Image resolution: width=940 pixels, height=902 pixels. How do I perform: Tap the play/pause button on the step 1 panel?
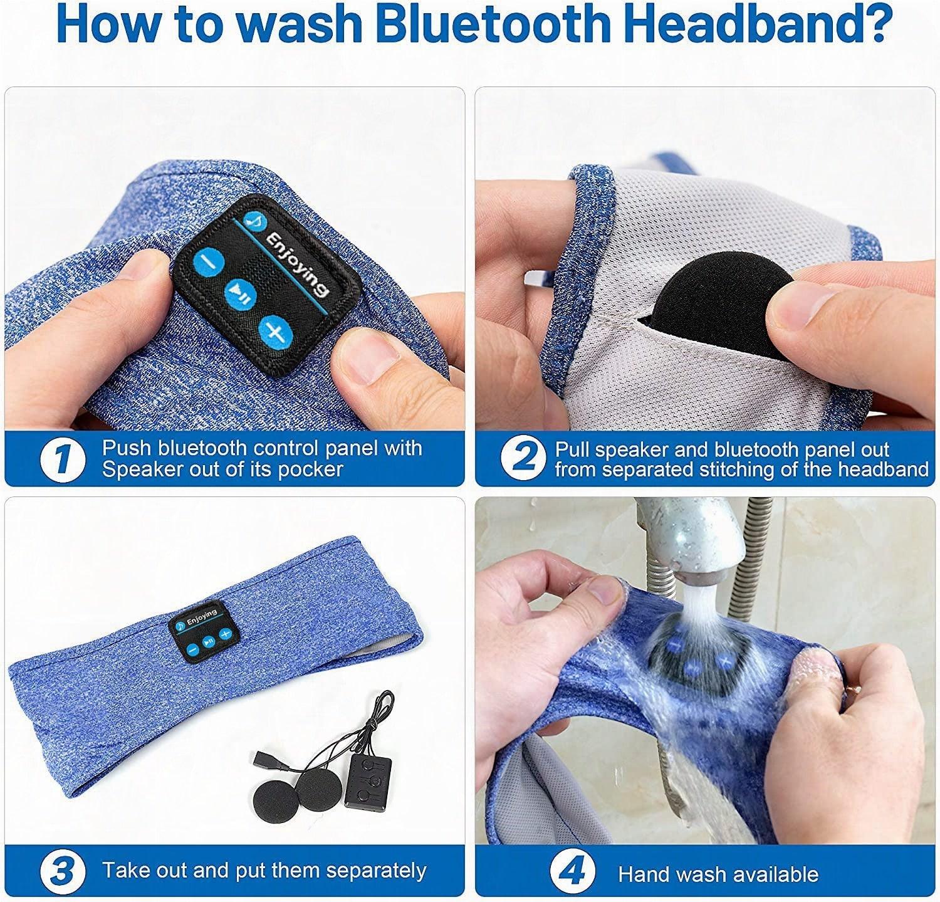(240, 293)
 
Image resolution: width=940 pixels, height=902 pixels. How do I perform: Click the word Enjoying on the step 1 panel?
(297, 265)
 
